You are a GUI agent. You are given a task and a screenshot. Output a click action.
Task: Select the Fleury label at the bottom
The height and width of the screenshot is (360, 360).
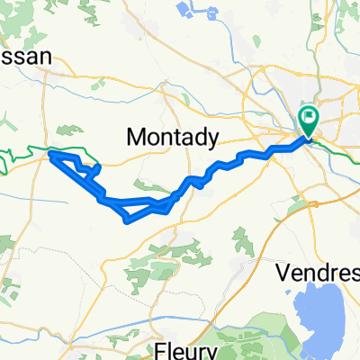pyautogui.click(x=184, y=349)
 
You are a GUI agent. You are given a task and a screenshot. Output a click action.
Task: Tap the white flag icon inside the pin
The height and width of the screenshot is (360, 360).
pyautogui.click(x=309, y=115)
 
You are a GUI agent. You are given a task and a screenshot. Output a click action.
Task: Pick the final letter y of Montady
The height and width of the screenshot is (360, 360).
pyautogui.click(x=212, y=139)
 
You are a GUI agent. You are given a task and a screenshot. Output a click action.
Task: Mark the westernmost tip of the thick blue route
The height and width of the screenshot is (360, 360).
pyautogui.click(x=49, y=157)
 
